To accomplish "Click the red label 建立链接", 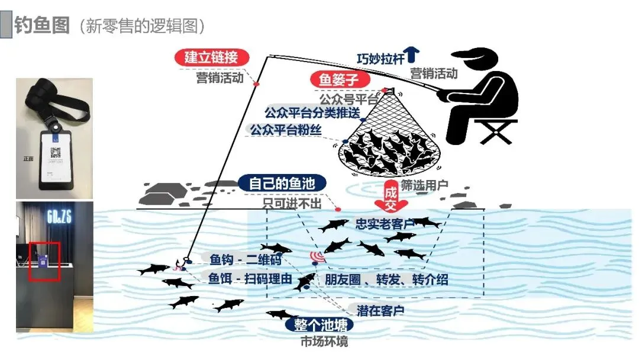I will pos(211,57).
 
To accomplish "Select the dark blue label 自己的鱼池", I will pos(282,183).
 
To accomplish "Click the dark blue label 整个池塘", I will pos(324,325).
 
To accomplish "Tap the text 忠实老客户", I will pos(386,224).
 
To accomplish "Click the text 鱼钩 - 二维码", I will pos(245,260).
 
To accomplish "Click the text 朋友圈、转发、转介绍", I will pos(386,279).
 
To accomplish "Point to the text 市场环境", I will pos(324,342).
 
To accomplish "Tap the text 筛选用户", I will pos(424,185).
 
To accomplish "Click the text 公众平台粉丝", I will pos(286,130).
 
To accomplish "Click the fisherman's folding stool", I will pos(494,131).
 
